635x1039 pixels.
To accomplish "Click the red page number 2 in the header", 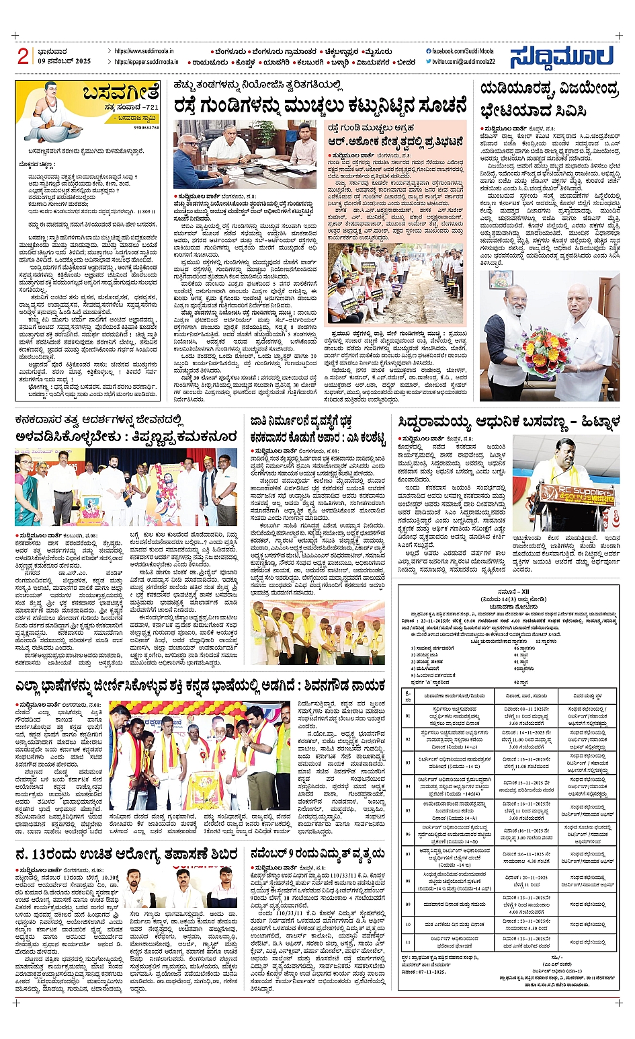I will [23, 56].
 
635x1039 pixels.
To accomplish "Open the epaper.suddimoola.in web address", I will [146, 62].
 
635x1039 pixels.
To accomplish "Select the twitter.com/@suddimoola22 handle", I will [464, 62].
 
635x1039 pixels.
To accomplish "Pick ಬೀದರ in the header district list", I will [406, 63].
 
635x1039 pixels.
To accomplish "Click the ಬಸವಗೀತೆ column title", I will [120, 91].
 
